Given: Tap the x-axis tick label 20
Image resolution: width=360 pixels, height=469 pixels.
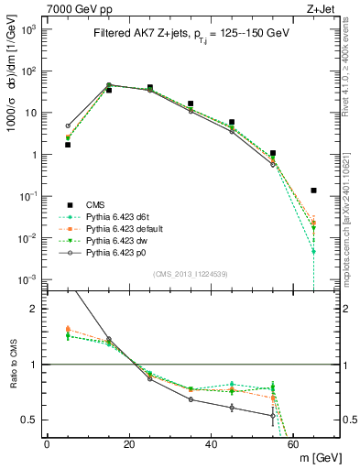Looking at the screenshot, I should [x=129, y=445].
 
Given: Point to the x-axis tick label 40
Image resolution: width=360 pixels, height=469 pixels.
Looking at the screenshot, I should [x=212, y=445].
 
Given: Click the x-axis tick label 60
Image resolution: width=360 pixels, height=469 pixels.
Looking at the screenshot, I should [x=293, y=445].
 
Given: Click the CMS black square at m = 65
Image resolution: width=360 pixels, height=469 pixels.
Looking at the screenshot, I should [x=314, y=191].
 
